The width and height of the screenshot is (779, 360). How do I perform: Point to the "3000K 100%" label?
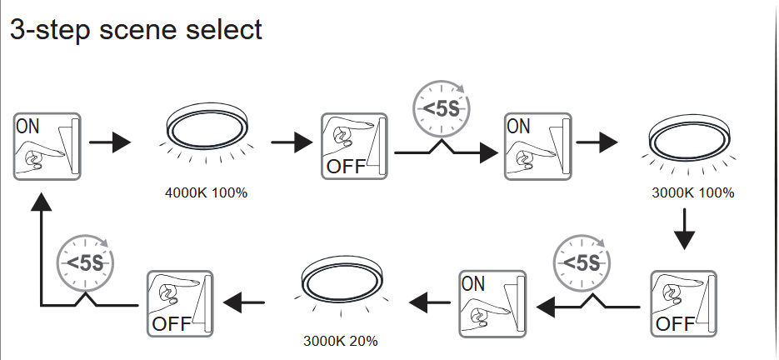click(693, 193)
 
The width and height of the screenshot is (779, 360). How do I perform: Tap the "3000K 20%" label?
click(339, 341)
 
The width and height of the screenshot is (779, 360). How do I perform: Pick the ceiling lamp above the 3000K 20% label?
click(339, 279)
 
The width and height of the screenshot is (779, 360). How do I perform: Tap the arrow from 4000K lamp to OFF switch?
click(291, 142)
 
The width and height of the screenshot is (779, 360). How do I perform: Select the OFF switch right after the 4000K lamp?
click(354, 146)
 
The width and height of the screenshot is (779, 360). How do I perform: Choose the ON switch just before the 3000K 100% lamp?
click(537, 146)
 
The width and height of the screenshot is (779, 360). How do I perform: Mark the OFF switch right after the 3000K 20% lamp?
click(179, 302)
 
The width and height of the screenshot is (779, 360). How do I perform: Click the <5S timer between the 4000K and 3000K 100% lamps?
click(441, 107)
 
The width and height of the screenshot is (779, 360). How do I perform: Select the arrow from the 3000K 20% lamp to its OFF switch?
click(246, 302)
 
